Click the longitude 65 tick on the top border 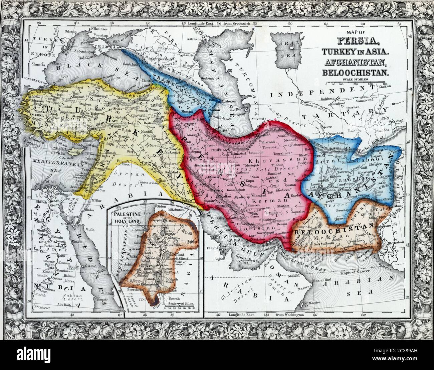tap(326, 24)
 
